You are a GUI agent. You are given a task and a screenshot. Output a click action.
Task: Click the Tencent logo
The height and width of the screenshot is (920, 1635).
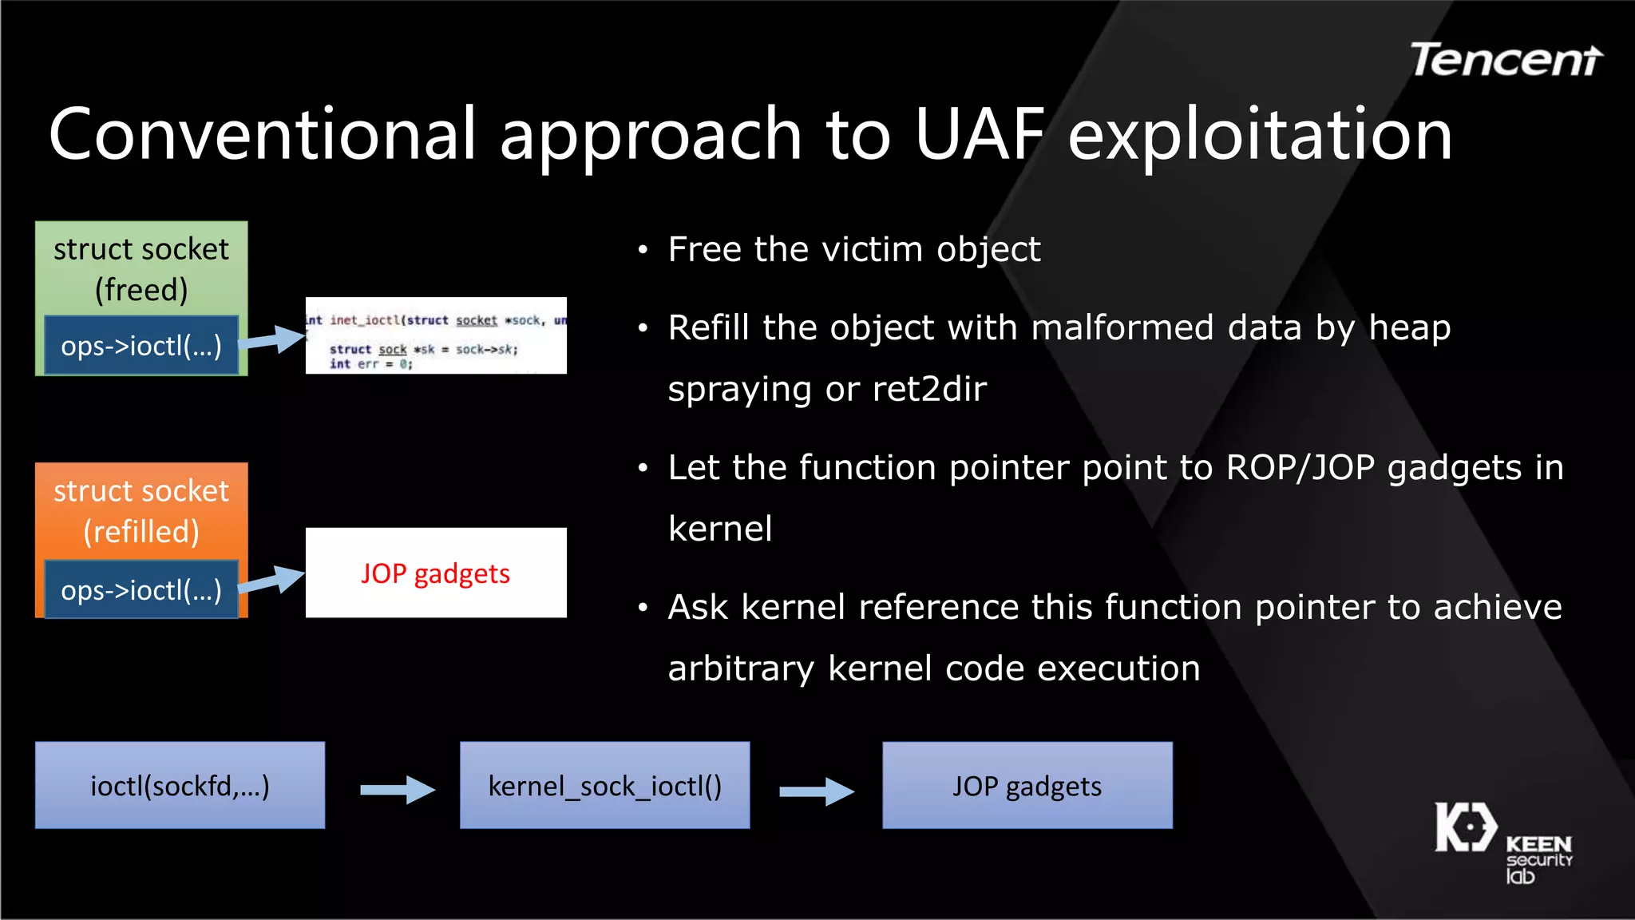click(1506, 61)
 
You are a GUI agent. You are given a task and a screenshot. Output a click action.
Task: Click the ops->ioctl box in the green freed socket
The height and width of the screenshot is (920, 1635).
click(141, 346)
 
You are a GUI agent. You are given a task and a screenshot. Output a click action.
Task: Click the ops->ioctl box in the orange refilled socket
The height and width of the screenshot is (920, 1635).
click(141, 590)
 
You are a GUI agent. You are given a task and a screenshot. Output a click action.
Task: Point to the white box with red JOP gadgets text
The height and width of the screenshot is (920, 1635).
click(436, 573)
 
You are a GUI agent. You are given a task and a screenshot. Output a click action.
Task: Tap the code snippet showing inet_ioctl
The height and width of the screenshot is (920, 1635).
click(436, 335)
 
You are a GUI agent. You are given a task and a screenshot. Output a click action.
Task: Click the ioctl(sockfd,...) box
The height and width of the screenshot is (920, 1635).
click(180, 786)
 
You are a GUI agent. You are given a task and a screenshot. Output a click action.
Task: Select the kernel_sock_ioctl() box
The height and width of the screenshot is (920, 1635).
click(604, 786)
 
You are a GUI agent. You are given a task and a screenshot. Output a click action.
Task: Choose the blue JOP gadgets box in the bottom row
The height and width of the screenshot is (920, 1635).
click(1027, 786)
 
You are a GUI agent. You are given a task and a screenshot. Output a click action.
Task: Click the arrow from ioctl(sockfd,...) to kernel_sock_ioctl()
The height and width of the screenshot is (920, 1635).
click(397, 790)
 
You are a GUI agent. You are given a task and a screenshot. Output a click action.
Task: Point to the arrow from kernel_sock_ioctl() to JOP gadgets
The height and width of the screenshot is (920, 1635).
click(816, 791)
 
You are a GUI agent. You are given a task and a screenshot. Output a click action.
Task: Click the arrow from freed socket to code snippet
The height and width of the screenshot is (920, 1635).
click(273, 339)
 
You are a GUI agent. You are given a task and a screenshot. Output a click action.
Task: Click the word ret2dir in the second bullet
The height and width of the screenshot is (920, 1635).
click(929, 390)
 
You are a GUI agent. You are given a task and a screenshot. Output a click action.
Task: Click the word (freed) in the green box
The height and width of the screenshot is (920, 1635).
click(141, 290)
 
